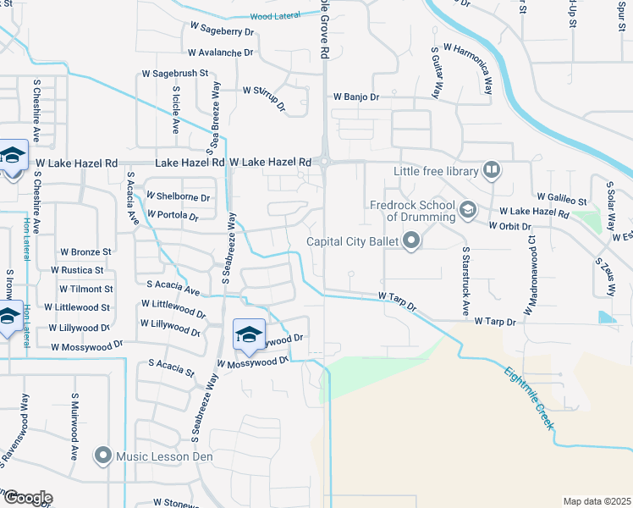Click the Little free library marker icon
(x=491, y=171)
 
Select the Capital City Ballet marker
(x=412, y=242)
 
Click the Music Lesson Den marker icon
(x=103, y=456)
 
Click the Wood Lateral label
(x=277, y=16)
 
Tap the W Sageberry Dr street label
(x=223, y=30)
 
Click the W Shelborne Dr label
(x=178, y=196)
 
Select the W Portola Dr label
(x=172, y=216)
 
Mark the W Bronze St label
(x=85, y=251)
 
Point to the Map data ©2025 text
(x=597, y=501)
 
